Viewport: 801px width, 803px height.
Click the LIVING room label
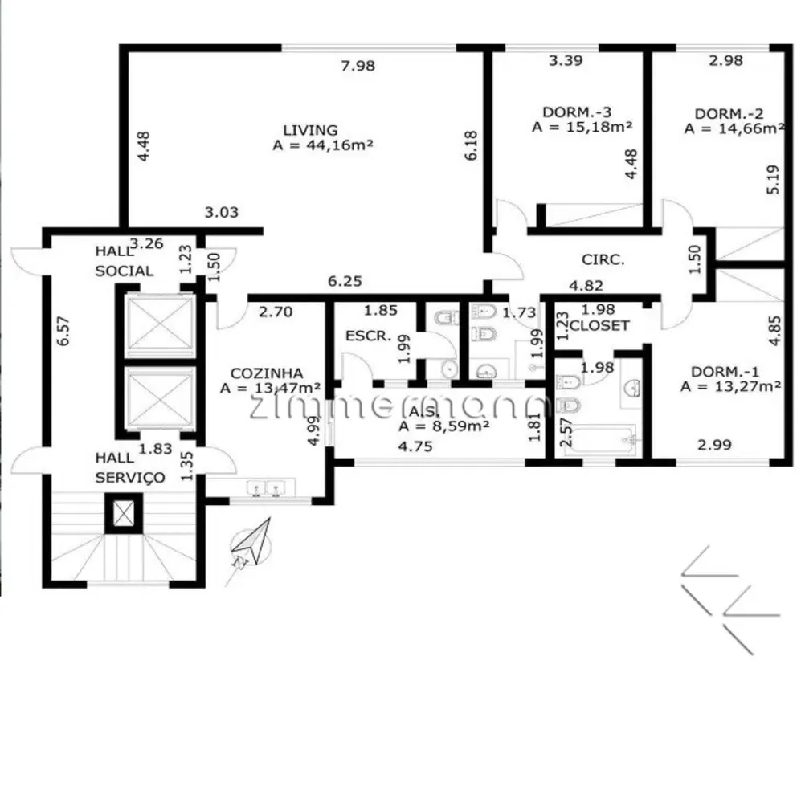(311, 130)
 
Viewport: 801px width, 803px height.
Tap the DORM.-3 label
(577, 112)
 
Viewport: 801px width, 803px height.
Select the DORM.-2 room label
(729, 113)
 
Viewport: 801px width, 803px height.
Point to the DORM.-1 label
(725, 371)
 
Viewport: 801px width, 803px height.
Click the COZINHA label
(267, 373)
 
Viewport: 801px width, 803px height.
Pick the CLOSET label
(599, 326)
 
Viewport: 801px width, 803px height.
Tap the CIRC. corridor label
(603, 259)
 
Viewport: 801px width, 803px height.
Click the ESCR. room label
(368, 336)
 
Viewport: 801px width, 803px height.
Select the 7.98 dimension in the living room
(358, 66)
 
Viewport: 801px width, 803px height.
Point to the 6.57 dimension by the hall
(63, 331)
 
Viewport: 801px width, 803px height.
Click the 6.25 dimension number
(345, 281)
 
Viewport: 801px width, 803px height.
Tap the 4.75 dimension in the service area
(415, 446)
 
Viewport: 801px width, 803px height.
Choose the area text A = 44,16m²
(323, 145)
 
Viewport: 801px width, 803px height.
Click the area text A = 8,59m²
(443, 426)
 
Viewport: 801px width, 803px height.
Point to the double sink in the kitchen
(265, 488)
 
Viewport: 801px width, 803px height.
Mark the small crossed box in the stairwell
(124, 513)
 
